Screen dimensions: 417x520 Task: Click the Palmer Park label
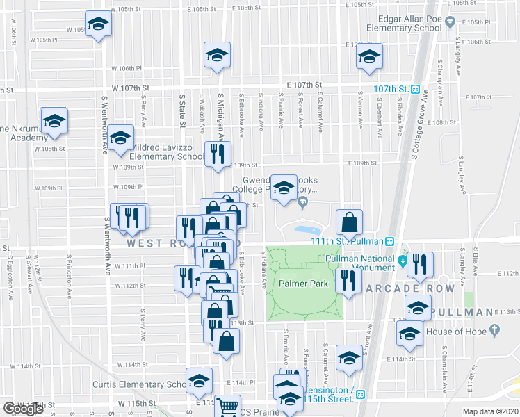pyautogui.click(x=303, y=284)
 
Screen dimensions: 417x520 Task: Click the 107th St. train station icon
pyautogui.click(x=414, y=89)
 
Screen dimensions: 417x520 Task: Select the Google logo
pyautogui.click(x=23, y=409)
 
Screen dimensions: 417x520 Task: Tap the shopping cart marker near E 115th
pyautogui.click(x=227, y=407)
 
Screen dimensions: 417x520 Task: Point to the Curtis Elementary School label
pyautogui.click(x=138, y=384)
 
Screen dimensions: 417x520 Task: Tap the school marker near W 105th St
pyautogui.click(x=98, y=26)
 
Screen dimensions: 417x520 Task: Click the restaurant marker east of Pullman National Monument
pyautogui.click(x=420, y=264)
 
